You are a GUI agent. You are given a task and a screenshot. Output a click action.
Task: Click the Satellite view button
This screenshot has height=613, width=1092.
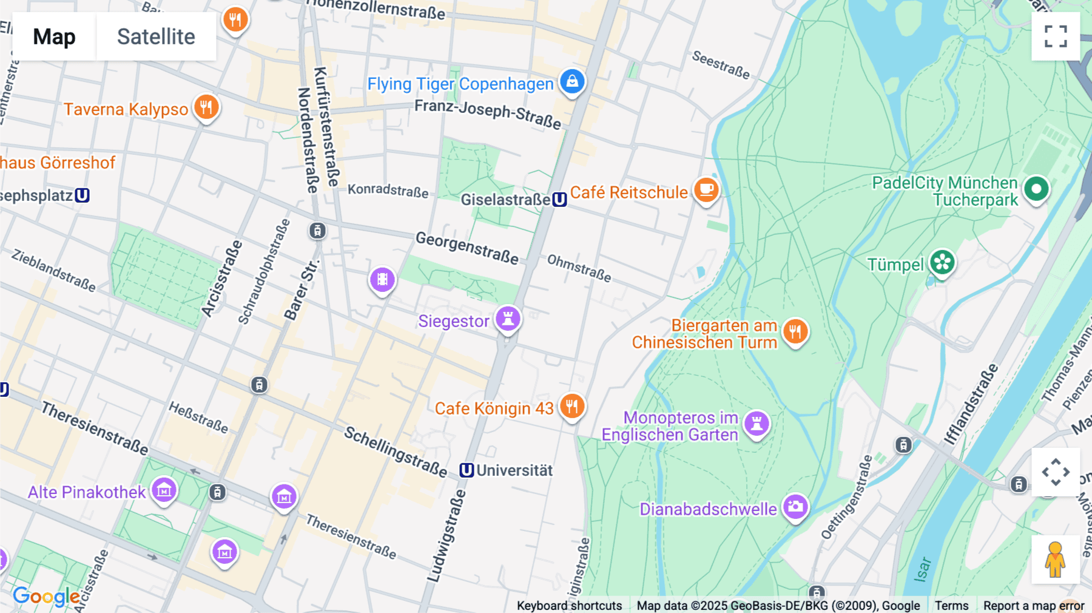coord(156,36)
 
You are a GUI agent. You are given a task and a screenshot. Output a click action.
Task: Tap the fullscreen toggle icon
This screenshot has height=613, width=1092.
coord(1056,36)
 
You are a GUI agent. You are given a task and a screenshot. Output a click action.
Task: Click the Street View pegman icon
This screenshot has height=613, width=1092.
coord(1055,559)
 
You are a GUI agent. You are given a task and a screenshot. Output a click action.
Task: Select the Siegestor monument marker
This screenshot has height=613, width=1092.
coord(508,318)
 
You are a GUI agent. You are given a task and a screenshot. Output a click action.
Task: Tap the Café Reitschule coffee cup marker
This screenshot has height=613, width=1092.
coord(706,190)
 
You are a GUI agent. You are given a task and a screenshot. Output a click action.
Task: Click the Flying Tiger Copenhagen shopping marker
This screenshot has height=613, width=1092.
coord(571,81)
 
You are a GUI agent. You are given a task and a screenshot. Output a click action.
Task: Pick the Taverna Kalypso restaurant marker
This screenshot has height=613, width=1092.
coord(206,107)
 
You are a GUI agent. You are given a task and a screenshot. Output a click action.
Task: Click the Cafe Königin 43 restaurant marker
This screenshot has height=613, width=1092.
coord(571,406)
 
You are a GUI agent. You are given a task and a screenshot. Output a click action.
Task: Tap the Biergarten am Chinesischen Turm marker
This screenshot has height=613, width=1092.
coord(795,331)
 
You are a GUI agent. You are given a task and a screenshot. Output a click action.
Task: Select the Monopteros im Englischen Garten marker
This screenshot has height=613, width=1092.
coord(757,423)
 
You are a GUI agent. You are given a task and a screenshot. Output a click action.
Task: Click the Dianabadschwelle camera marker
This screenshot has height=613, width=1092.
coord(795,506)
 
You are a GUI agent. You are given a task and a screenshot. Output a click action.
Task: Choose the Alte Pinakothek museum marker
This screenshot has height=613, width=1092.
coord(164,490)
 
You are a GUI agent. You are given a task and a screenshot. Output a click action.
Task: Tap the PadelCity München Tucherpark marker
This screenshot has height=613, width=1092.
coord(1036,189)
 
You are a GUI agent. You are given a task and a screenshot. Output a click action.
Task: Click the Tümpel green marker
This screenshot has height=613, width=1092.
coord(942,263)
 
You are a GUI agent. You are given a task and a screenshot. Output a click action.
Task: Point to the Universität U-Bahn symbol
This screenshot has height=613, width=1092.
coord(466,470)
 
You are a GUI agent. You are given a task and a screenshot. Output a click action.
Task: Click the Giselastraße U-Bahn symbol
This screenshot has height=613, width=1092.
coord(559,199)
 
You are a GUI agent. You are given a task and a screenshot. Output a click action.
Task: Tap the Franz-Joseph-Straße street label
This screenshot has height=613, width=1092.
coord(488,113)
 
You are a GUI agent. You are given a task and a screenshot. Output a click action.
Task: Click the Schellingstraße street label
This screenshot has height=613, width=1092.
coord(396,452)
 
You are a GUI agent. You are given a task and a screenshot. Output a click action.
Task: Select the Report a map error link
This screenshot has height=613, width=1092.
coord(1033,605)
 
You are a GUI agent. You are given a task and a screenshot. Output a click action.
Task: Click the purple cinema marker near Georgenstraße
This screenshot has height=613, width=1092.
coord(382,280)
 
